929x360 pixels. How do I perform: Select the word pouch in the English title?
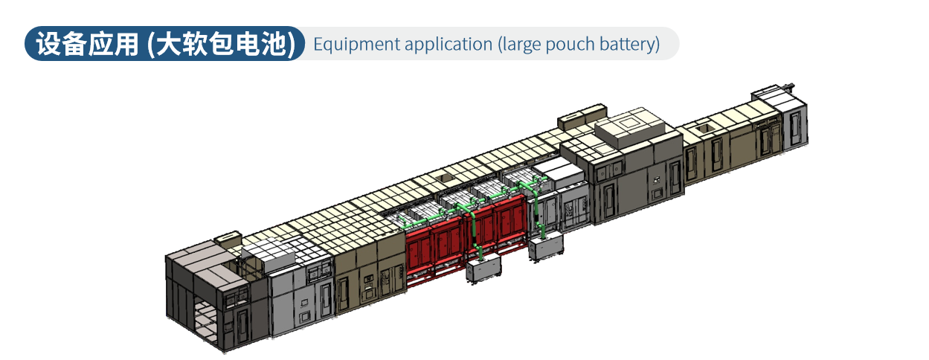[x=570, y=45]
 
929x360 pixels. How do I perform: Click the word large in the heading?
[x=520, y=45]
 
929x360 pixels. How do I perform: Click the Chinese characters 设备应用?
[x=88, y=44]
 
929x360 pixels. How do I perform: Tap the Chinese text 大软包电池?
[x=222, y=44]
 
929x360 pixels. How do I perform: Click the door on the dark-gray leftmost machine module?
[x=242, y=330]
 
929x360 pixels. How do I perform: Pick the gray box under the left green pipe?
[x=483, y=269]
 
